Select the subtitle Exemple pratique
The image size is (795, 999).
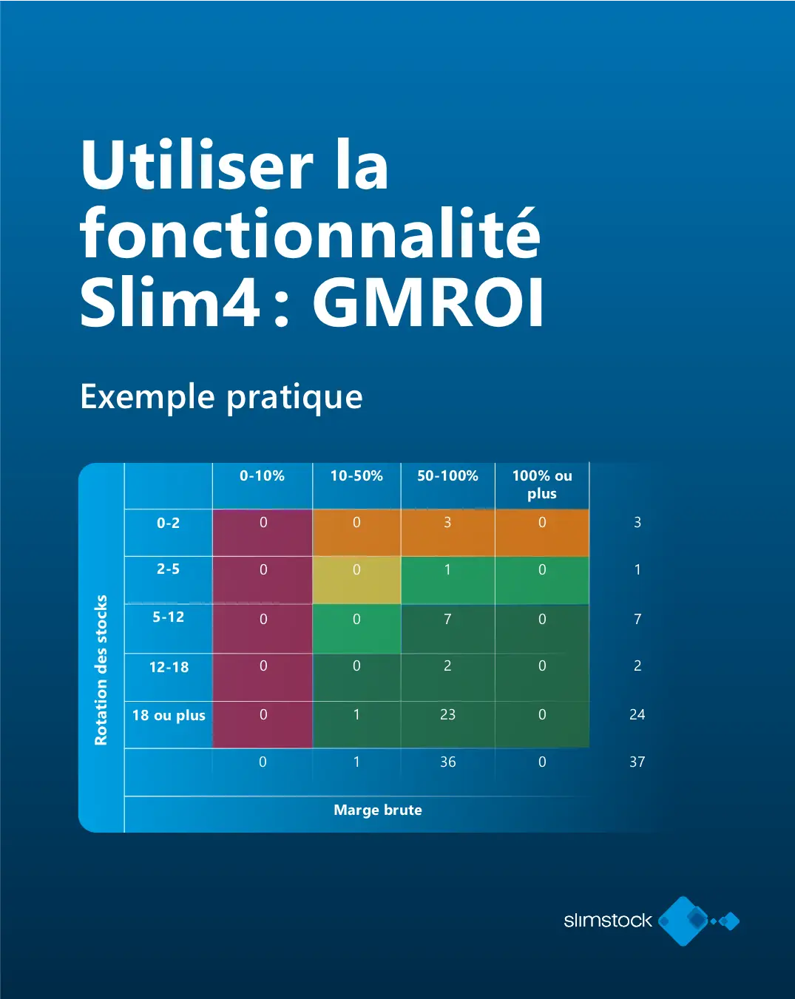[x=221, y=397]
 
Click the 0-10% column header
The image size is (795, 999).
[x=263, y=475]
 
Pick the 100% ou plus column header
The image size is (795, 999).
[x=542, y=484]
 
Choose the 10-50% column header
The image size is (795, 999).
[x=356, y=475]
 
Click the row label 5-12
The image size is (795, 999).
[x=169, y=617]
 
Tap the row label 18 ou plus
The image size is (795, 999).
[x=169, y=715]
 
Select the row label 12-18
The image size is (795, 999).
[x=169, y=667]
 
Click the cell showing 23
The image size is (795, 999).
[x=447, y=724]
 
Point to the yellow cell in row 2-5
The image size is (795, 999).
[x=356, y=580]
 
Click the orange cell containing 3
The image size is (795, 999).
[x=447, y=532]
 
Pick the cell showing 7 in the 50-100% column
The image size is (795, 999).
[x=447, y=629]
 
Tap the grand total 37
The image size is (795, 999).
[x=637, y=762]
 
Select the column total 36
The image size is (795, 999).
[x=448, y=762]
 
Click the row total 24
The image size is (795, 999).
[x=637, y=714]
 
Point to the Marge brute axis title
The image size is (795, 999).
[x=378, y=810]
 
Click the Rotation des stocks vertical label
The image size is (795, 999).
[x=101, y=670]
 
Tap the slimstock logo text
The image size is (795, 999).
[x=608, y=920]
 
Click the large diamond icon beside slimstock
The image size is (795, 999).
[x=683, y=921]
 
